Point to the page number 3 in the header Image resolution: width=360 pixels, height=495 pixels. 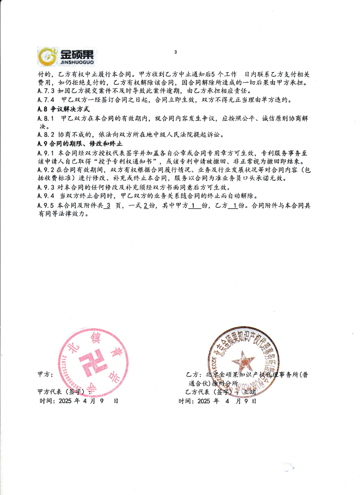click(x=175, y=52)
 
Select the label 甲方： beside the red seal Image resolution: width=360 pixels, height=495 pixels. click(x=45, y=375)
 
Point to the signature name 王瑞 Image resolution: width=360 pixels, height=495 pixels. click(x=249, y=392)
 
